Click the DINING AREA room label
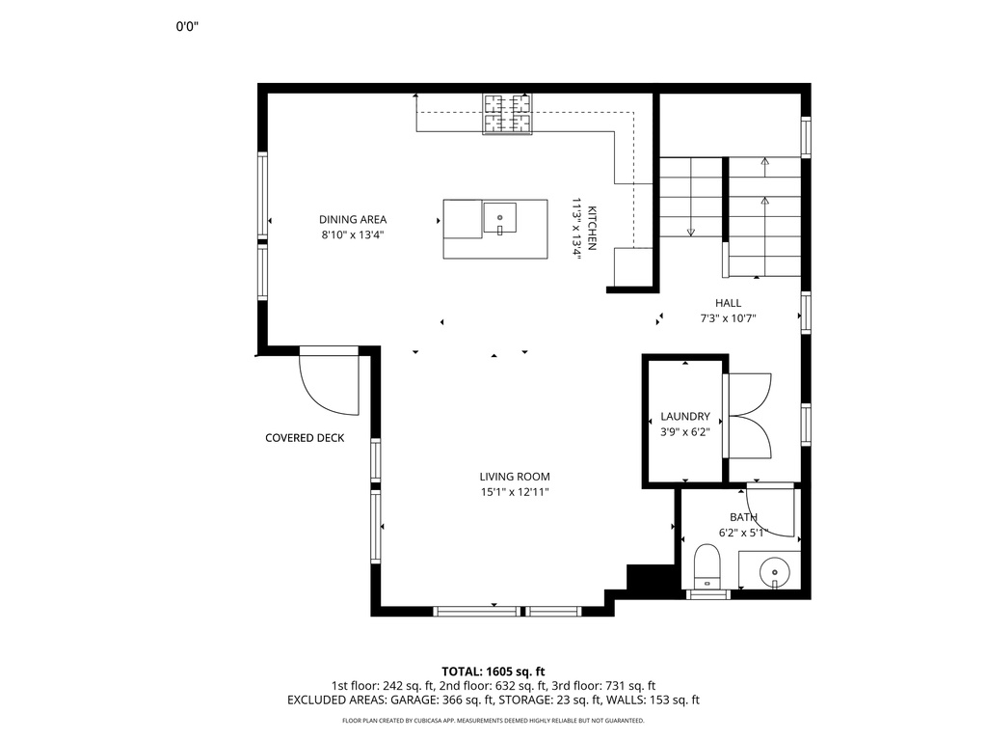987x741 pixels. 353,219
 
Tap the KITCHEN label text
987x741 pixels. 592,228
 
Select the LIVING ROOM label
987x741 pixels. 515,477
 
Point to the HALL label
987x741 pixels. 729,303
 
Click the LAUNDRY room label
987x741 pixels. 685,417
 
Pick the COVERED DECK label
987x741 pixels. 305,438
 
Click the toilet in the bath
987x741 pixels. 707,565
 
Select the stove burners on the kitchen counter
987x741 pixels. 507,114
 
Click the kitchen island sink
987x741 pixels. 500,217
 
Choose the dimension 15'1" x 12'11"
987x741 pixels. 515,492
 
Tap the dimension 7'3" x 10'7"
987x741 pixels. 729,318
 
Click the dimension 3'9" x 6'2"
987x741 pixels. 685,431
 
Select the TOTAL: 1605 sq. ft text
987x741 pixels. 493,672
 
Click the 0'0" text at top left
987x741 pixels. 187,26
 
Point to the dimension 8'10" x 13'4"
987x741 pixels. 353,235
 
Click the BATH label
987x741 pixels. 743,517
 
